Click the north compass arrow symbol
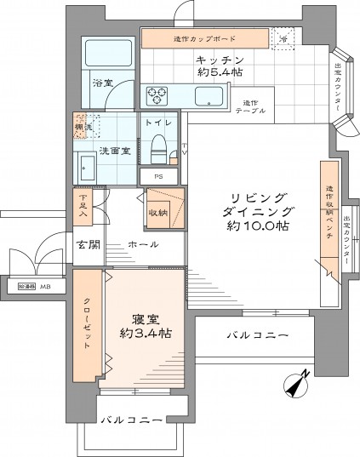point(296,385)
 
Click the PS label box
point(158,177)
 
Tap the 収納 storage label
point(157,212)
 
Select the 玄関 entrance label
point(89,245)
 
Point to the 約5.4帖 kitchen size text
point(220,73)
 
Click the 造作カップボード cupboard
point(204,39)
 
